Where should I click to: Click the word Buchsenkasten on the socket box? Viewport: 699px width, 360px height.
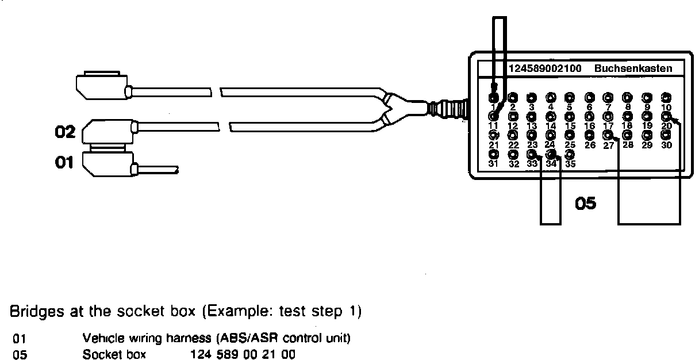coord(633,68)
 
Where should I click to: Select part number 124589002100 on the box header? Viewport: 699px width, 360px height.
coord(544,68)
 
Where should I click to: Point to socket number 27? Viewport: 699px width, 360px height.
coord(608,135)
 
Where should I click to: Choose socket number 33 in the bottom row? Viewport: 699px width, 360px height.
coord(532,155)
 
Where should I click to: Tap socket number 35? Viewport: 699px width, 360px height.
coord(570,155)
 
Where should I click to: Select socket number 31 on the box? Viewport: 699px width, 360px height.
coord(493,155)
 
